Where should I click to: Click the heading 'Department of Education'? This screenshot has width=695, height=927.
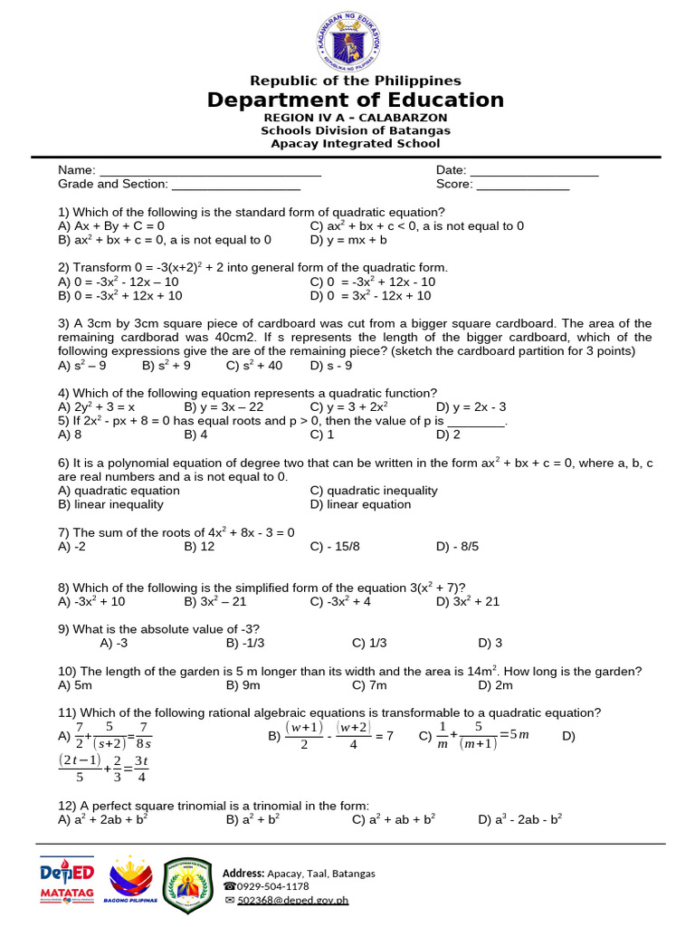pyautogui.click(x=355, y=100)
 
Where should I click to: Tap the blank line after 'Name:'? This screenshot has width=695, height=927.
pyautogui.click(x=210, y=171)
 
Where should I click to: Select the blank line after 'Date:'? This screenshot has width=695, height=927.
pyautogui.click(x=534, y=171)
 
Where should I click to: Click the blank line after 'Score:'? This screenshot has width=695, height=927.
pyautogui.click(x=522, y=185)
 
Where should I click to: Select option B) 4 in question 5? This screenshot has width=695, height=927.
pyautogui.click(x=196, y=435)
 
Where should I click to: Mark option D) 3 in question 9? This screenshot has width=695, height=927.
pyautogui.click(x=490, y=643)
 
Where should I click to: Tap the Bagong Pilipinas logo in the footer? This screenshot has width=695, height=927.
pyautogui.click(x=131, y=881)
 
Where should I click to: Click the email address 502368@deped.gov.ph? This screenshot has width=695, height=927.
pyautogui.click(x=292, y=900)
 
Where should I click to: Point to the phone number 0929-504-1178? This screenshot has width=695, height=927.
pyautogui.click(x=272, y=886)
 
